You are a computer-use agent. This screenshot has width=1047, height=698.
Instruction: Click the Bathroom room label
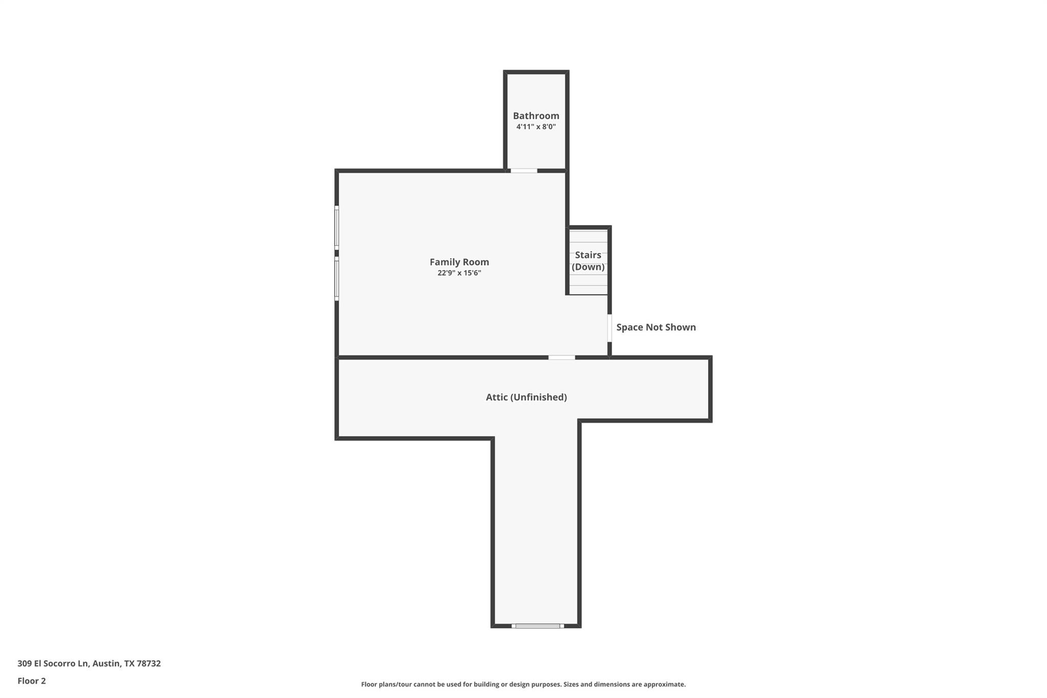(x=536, y=116)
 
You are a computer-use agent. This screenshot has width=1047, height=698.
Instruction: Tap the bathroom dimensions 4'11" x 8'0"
(x=536, y=127)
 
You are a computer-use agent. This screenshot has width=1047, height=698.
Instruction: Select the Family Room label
(x=459, y=262)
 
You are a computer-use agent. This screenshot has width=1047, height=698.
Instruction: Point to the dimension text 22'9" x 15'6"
(x=459, y=273)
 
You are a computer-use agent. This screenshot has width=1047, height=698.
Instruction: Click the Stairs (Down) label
(x=588, y=261)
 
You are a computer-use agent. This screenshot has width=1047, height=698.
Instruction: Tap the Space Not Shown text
(x=656, y=327)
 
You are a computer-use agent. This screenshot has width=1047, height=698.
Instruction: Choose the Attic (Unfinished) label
(x=526, y=397)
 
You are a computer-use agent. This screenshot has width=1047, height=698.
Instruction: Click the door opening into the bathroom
(x=524, y=170)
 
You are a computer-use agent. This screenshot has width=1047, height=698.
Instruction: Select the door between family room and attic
(x=561, y=357)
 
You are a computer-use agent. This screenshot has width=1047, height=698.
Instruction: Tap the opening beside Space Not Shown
(x=609, y=328)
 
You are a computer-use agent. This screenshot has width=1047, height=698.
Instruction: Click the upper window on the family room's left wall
(x=336, y=227)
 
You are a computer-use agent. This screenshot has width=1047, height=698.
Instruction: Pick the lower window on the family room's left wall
(x=336, y=278)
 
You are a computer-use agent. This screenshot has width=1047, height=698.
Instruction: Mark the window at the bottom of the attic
(x=537, y=625)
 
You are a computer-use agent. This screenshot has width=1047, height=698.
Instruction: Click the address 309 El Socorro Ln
(x=53, y=663)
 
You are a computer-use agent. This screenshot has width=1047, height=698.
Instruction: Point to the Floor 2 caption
(x=32, y=681)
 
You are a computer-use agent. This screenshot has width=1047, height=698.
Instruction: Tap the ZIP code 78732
(x=149, y=663)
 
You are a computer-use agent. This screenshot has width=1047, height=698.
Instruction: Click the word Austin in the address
(x=106, y=663)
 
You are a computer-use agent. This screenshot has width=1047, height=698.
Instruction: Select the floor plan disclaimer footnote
(x=523, y=684)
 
